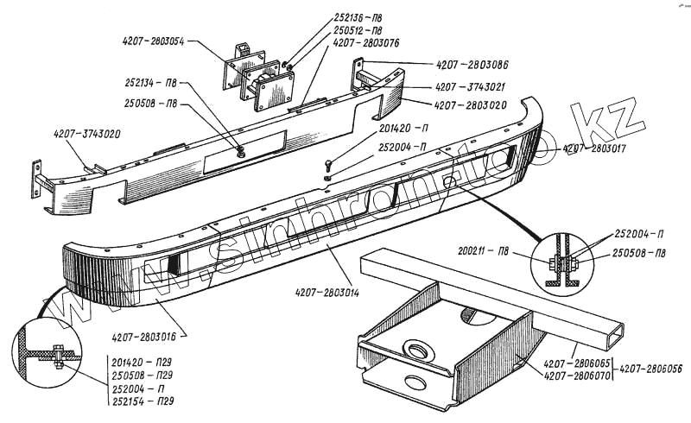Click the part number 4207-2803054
155,40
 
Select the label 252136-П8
362,17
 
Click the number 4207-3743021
471,87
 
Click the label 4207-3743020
87,135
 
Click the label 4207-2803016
148,337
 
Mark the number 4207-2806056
650,368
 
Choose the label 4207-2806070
576,376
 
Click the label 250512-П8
362,29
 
